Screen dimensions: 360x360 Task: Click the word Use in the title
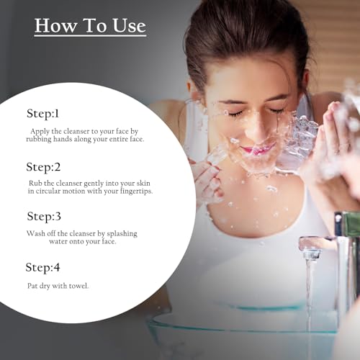point(130,25)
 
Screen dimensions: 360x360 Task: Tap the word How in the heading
point(55,25)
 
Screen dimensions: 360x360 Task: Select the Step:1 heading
point(42,113)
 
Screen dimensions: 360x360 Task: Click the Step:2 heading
point(43,167)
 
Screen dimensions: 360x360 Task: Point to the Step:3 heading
point(44,217)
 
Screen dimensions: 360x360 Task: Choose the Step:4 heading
point(42,268)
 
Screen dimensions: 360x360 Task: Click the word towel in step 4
point(78,286)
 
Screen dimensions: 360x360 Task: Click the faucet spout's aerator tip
point(311,254)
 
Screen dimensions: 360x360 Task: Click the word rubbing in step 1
point(39,140)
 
